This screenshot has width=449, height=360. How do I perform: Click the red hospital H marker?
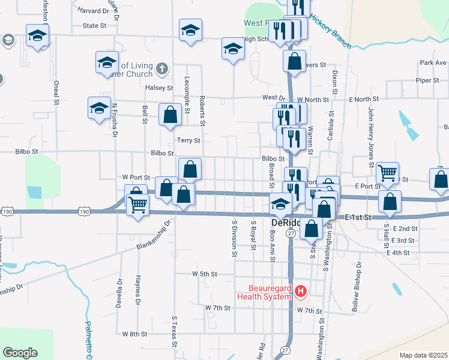301,292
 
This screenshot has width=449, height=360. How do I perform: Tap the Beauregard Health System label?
265,292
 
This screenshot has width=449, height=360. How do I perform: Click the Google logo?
20,352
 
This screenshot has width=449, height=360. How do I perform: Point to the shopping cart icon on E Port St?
388,173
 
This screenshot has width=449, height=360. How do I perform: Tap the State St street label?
94,26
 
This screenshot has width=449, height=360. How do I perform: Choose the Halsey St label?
158,88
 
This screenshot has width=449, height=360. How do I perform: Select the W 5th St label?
204,274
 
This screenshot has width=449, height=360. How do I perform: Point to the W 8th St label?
134,334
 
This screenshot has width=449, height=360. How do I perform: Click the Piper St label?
428,80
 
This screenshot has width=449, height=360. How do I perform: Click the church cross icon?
161,69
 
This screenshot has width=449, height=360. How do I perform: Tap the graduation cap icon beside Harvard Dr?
37,36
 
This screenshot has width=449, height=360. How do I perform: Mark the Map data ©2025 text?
423,355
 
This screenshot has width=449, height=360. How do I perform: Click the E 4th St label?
400,253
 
